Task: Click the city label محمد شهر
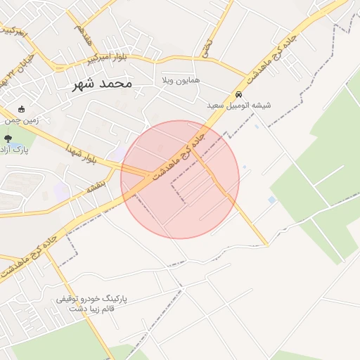pos(103,84)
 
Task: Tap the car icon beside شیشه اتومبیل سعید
pos(239,94)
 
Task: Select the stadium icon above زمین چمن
pos(22,109)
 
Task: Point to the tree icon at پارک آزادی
pos(8,139)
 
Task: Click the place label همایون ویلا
pos(181,80)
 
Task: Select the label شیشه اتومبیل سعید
pos(238,105)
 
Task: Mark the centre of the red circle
pos(180,179)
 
